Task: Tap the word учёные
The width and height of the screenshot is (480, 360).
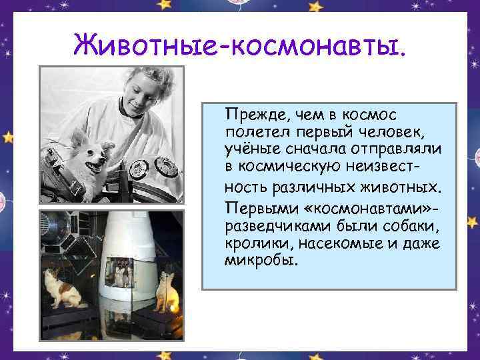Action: point(250,147)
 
